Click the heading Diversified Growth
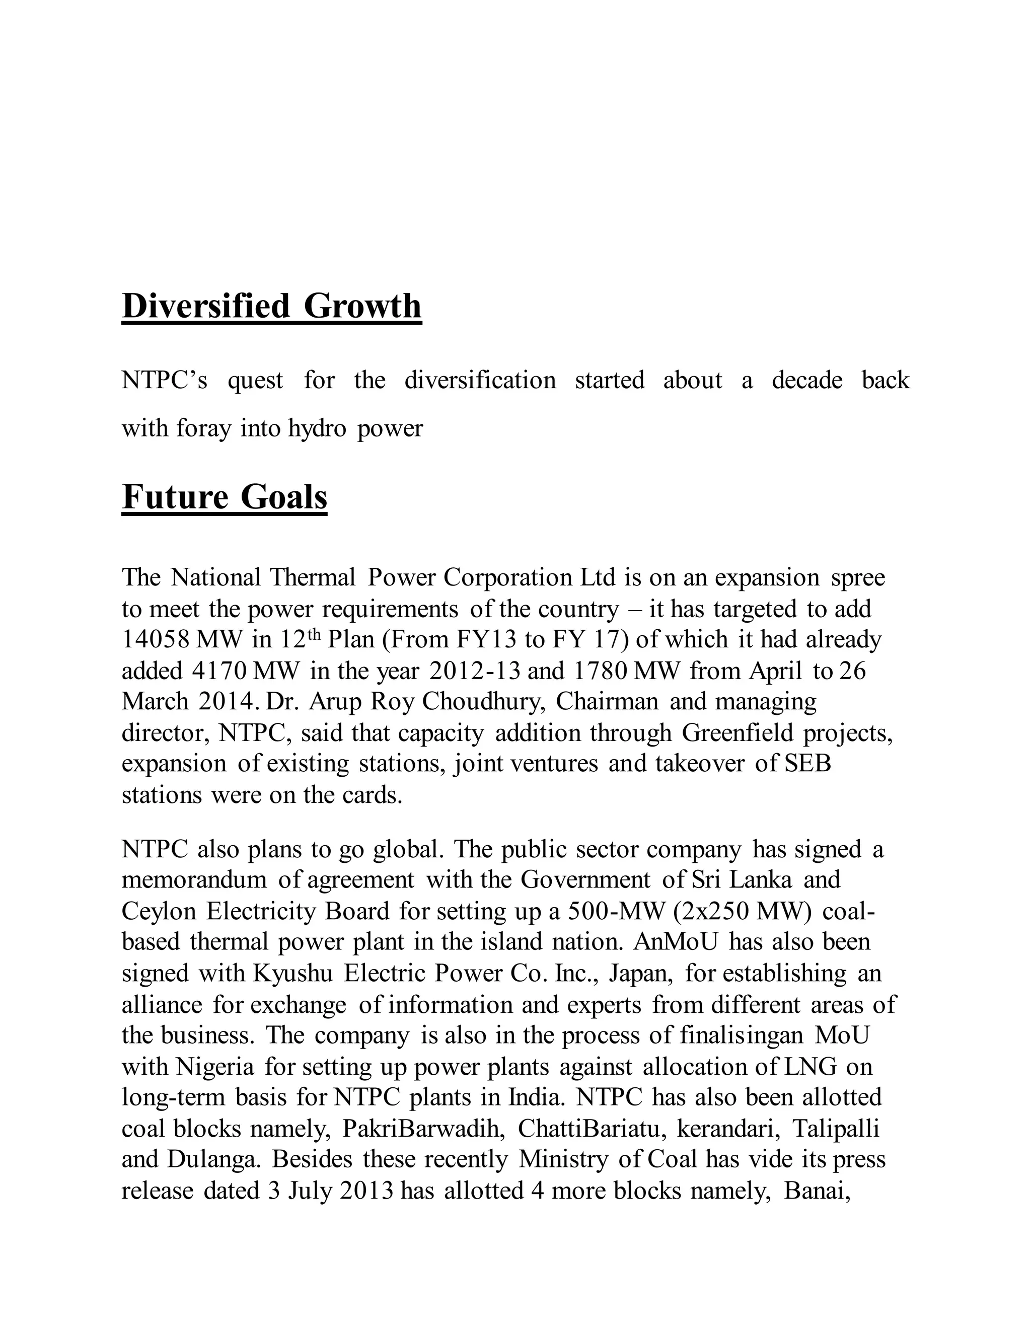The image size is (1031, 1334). pos(271,307)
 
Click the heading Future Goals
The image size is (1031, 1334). pos(224,497)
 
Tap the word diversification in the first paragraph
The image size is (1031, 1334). pos(480,381)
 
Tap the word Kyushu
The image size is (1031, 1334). pos(292,973)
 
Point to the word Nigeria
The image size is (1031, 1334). pos(215,1067)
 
